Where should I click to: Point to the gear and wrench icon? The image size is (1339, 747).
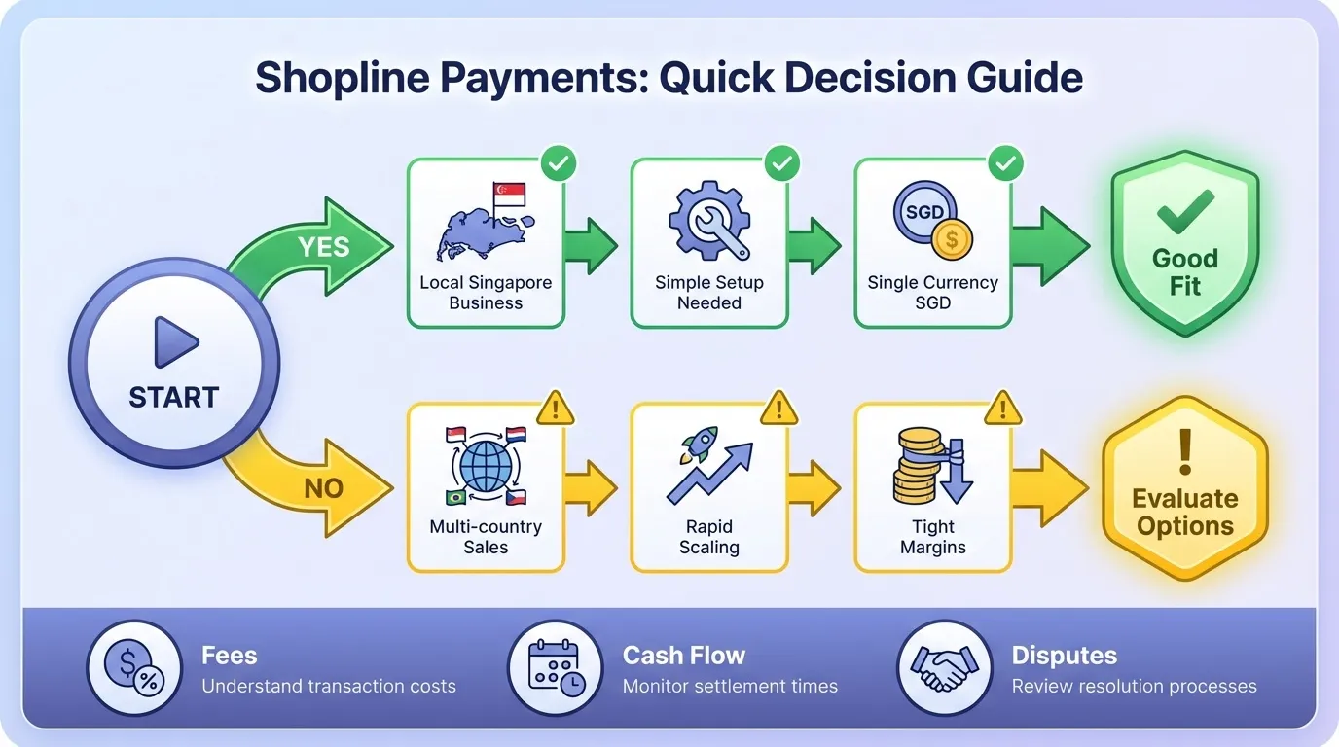tap(708, 220)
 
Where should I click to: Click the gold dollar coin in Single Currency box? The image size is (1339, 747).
tap(951, 238)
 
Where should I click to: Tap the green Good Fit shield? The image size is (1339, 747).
tap(1184, 244)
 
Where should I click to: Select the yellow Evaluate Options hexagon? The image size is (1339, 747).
tap(1184, 487)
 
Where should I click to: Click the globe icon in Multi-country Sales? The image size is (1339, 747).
tap(486, 466)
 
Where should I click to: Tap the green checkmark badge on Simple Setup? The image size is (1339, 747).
tap(781, 163)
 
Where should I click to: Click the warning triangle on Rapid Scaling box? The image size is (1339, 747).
tap(778, 409)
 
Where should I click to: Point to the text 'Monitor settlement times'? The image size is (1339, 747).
tap(730, 687)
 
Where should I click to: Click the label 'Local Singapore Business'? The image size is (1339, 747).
tap(486, 293)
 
